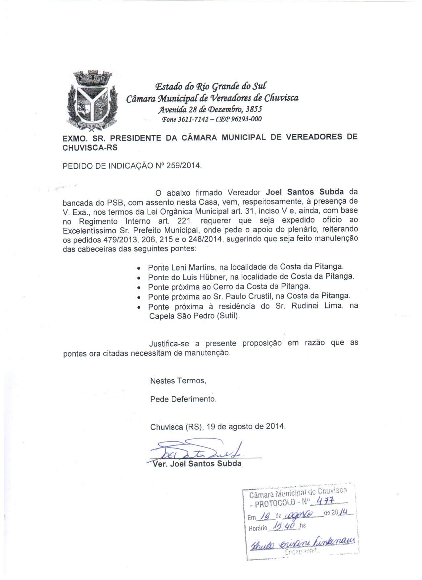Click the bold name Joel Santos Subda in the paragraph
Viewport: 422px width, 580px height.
point(305,192)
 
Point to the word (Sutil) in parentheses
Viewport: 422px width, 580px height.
point(228,316)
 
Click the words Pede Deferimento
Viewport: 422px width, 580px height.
point(183,399)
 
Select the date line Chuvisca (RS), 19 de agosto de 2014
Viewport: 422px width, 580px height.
point(218,427)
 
